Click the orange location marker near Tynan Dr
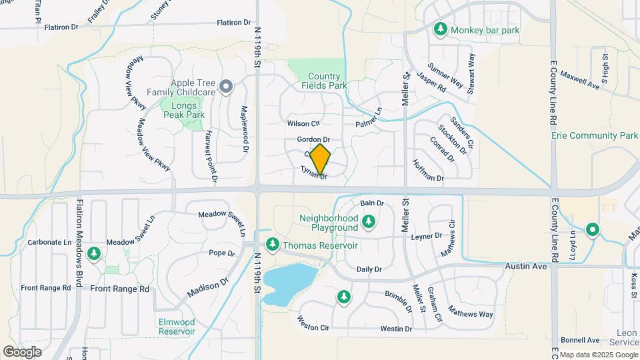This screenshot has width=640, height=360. [x=321, y=159]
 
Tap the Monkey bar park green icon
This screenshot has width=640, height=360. [x=440, y=29]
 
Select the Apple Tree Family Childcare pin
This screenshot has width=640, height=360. [x=226, y=86]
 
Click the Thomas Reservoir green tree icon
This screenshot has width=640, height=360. [x=272, y=245]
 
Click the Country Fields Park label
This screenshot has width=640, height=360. [x=325, y=81]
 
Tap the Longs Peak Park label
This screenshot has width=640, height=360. [x=183, y=110]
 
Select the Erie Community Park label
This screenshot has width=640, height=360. [x=595, y=135]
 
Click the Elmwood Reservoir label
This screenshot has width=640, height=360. [x=177, y=327]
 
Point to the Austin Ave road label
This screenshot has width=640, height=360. [x=525, y=266]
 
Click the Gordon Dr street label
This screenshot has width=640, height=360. [x=314, y=139]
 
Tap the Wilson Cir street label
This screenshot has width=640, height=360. [x=303, y=123]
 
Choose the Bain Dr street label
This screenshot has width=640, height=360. [x=372, y=203]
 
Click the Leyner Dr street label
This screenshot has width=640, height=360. [x=427, y=236]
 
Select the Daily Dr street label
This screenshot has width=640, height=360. [x=369, y=269]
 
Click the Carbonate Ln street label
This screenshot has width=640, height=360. [x=49, y=243]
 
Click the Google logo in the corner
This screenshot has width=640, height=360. [x=22, y=351]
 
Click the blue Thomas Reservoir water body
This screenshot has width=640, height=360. [x=288, y=281]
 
